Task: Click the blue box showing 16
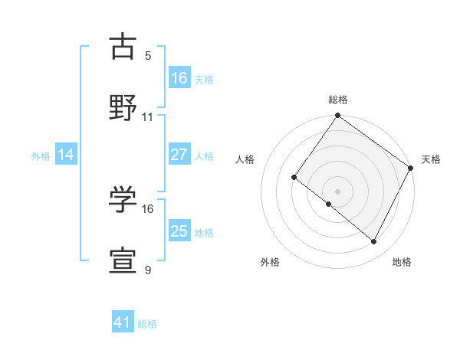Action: coord(179,77)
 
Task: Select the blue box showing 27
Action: coord(179,155)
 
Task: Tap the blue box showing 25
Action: coord(179,231)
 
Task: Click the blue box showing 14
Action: coord(66,155)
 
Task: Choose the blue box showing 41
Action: coord(123,322)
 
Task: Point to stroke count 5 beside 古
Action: coord(148,55)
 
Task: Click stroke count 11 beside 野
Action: coord(148,117)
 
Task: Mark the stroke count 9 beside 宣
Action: coord(148,270)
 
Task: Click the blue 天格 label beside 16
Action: coord(204,79)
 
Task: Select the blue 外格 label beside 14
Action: coord(41,156)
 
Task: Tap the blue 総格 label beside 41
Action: coord(147,324)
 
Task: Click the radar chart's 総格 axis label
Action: coord(338,100)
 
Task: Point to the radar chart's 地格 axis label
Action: coord(402,262)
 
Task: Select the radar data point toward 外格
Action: coord(329,205)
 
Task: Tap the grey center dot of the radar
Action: coord(337,191)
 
